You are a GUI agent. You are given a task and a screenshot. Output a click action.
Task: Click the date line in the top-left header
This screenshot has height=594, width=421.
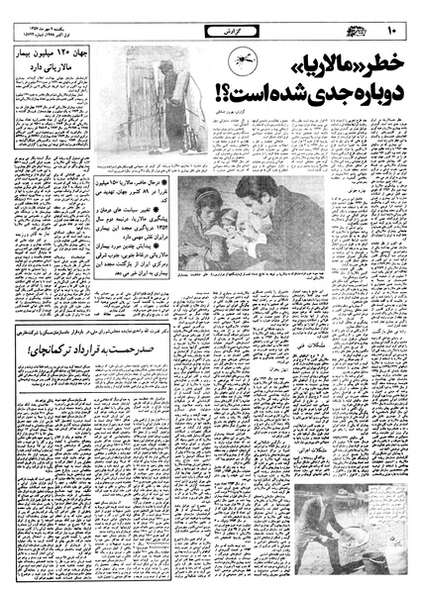tap(40, 18)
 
